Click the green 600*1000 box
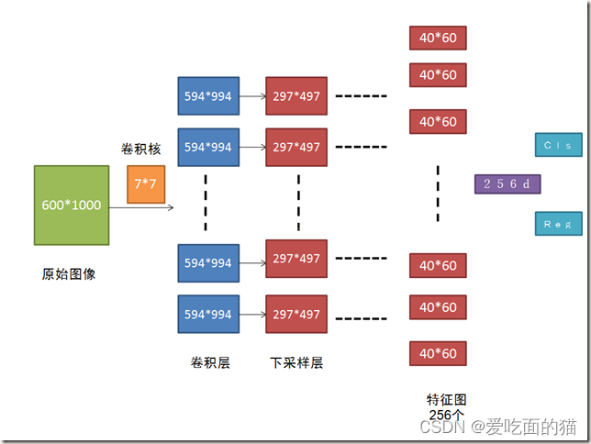point(71,205)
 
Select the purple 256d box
point(507,184)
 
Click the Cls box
point(557,145)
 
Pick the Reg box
point(557,224)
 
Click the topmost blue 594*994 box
point(208,95)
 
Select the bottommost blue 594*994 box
point(208,315)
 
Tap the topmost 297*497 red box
point(296,95)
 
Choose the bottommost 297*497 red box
point(296,315)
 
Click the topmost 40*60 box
point(438,38)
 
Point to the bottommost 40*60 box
point(438,353)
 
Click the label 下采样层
point(296,362)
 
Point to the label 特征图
point(447,400)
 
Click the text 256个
point(447,414)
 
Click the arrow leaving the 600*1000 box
point(141,208)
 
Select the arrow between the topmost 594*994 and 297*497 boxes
point(252,95)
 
